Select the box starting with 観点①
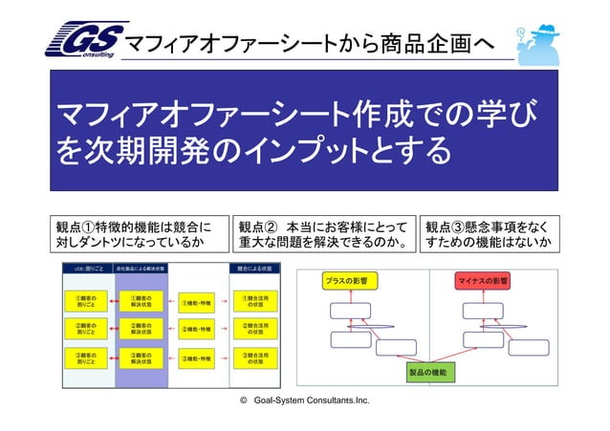click(140, 235)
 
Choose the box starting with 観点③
click(489, 235)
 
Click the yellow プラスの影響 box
click(351, 282)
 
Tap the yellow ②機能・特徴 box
click(202, 331)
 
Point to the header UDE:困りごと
click(86, 269)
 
